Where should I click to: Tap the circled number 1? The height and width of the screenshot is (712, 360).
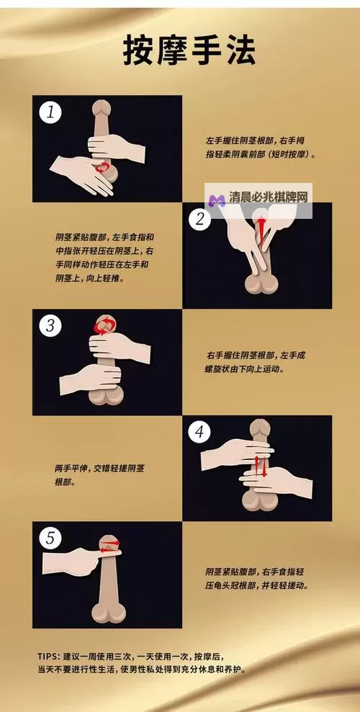[x=50, y=112]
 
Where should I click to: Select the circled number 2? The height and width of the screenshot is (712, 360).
[x=199, y=219]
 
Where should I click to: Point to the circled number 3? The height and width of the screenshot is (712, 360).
[x=50, y=325]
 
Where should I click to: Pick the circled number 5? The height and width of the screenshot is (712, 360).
[x=50, y=538]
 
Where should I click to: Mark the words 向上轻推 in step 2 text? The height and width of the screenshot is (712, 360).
[x=102, y=277]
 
